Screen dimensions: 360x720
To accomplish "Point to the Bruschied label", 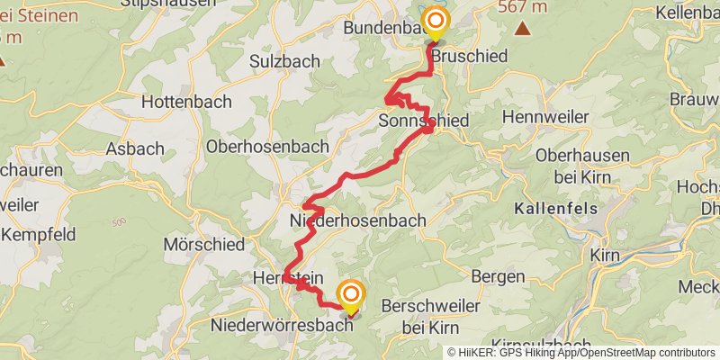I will tap(470, 56).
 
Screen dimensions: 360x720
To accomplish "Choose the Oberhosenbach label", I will tap(265, 146).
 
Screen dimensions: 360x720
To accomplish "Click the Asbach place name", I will tap(135, 148).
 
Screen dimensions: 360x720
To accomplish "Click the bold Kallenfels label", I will tap(555, 209).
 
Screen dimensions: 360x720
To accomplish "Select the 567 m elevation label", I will tap(522, 6).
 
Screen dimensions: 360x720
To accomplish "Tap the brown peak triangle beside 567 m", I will tap(522, 28).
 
